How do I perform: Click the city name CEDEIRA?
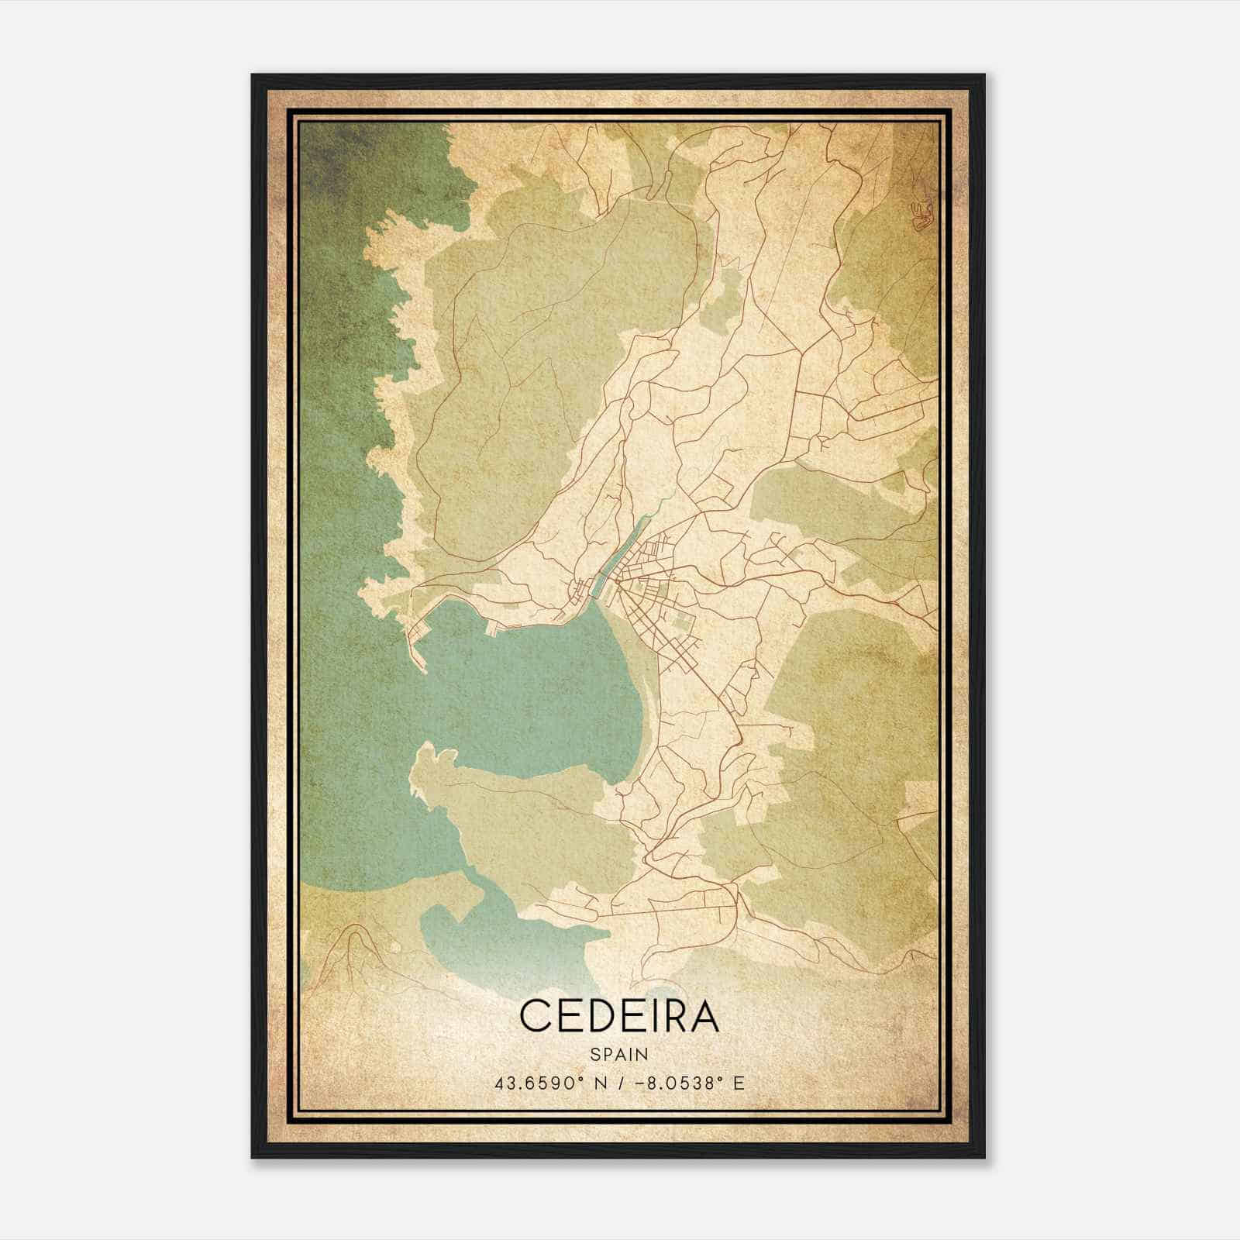(619, 1016)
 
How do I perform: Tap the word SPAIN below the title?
(619, 1054)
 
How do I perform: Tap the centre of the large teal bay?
(527, 690)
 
